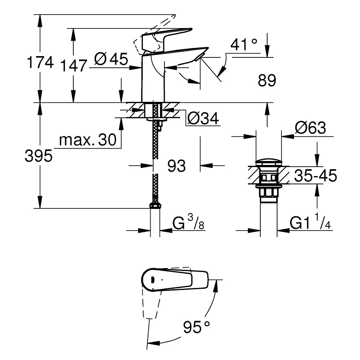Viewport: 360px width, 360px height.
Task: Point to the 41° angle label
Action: pyautogui.click(x=244, y=44)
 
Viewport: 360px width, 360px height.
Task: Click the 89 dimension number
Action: pyautogui.click(x=266, y=80)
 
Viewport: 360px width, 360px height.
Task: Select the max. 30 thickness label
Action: pyautogui.click(x=88, y=139)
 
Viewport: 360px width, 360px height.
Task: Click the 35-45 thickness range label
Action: pyautogui.click(x=315, y=176)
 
